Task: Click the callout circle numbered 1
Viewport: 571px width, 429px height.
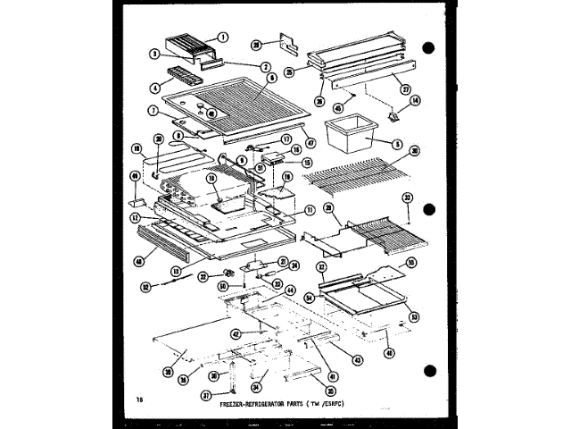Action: click(x=223, y=38)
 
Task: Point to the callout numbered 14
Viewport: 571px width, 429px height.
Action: click(x=414, y=101)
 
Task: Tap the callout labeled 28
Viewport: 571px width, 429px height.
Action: click(x=256, y=43)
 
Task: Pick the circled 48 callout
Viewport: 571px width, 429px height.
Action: click(x=139, y=263)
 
